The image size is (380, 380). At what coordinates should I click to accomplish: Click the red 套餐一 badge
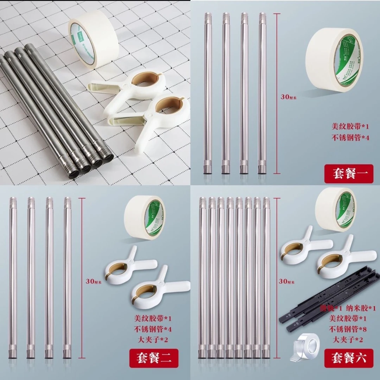tap(348, 174)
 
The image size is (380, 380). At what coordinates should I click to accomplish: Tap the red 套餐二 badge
tap(154, 358)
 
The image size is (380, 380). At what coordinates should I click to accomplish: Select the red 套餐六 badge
tap(349, 358)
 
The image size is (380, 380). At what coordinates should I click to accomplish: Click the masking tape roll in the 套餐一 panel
tap(334, 60)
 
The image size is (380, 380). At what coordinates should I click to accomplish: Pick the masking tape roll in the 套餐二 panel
tap(145, 217)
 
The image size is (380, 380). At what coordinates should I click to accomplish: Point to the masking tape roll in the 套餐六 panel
tap(336, 209)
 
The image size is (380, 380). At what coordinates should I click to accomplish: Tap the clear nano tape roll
tap(304, 347)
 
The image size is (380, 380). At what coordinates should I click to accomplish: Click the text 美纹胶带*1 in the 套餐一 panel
tap(350, 126)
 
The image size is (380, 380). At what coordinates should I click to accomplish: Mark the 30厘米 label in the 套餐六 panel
tap(287, 281)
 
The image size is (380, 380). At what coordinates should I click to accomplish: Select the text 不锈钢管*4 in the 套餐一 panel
tap(350, 138)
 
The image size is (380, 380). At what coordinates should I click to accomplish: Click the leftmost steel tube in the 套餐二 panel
tap(13, 278)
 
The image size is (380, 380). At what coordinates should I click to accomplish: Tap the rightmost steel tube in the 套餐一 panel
tap(262, 94)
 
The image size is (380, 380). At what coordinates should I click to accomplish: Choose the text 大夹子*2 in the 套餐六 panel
tap(348, 340)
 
